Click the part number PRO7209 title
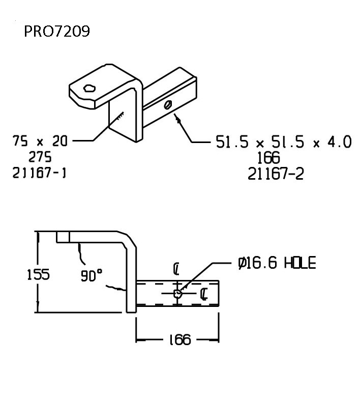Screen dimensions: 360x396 click(x=57, y=32)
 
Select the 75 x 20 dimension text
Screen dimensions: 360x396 click(x=40, y=141)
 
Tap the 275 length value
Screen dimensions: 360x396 click(x=40, y=157)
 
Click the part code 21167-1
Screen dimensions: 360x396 click(x=39, y=173)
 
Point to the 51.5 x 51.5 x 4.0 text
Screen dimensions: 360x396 click(x=284, y=142)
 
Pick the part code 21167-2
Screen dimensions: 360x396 click(x=276, y=174)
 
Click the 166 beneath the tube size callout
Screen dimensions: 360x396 click(x=268, y=158)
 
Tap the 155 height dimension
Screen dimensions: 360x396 click(x=38, y=274)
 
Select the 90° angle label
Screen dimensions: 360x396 click(x=92, y=275)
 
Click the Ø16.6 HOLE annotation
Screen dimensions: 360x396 click(x=277, y=263)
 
